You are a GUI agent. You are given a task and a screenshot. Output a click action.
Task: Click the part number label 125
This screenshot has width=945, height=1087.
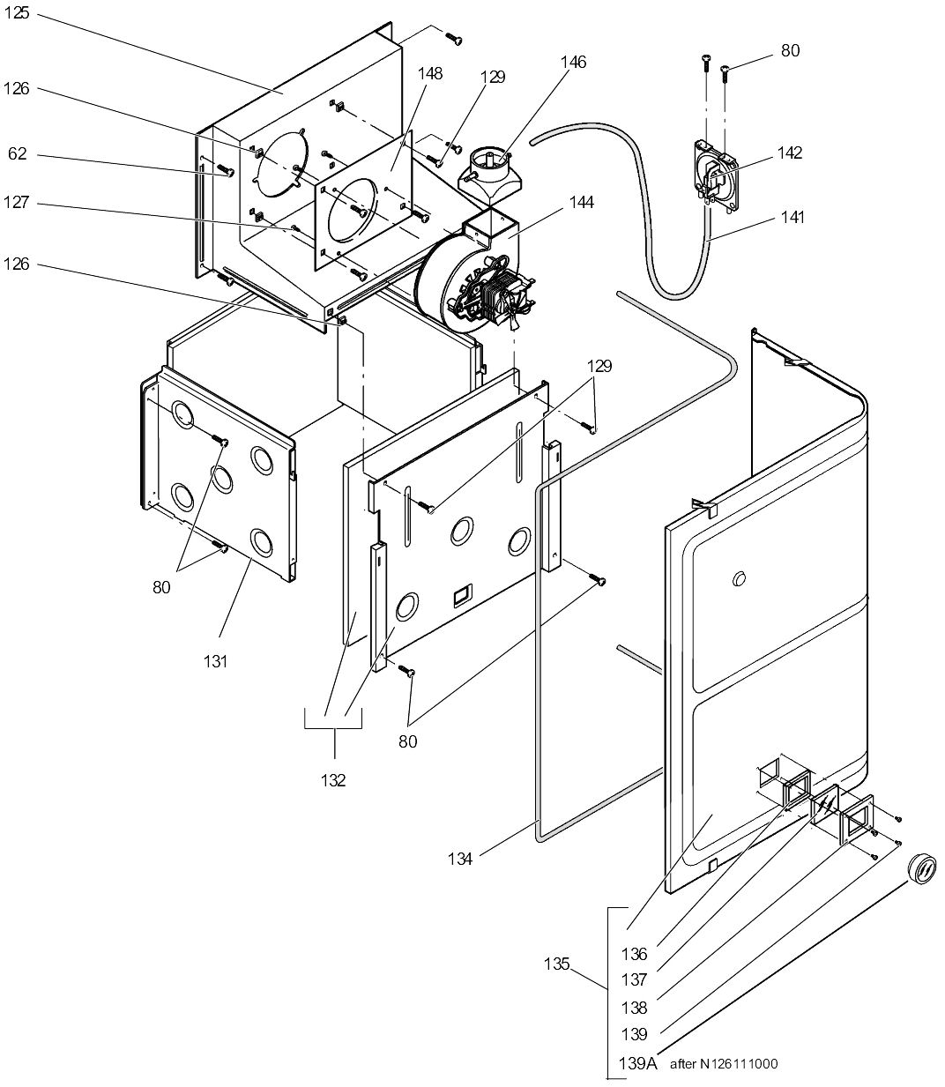tap(18, 16)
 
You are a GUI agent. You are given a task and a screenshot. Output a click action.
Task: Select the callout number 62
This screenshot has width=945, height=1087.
tap(18, 154)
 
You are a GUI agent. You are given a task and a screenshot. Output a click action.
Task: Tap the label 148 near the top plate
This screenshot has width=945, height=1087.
tap(430, 73)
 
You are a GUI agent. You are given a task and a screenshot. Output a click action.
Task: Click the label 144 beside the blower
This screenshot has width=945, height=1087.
tap(581, 203)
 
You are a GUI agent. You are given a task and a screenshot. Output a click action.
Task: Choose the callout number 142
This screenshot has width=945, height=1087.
tap(790, 153)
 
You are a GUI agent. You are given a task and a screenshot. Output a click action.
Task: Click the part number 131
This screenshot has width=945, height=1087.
tap(215, 661)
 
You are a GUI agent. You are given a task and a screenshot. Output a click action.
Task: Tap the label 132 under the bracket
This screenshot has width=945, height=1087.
tap(333, 779)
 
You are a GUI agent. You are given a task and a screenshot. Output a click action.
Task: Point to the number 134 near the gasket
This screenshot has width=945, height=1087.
tap(461, 858)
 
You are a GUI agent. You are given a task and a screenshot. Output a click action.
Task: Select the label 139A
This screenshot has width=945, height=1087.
tap(638, 1063)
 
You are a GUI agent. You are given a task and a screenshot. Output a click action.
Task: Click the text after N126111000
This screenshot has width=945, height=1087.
tap(724, 1064)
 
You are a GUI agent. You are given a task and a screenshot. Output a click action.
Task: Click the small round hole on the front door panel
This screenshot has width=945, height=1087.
tap(739, 578)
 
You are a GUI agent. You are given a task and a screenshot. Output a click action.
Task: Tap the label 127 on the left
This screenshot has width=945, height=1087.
tap(18, 203)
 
